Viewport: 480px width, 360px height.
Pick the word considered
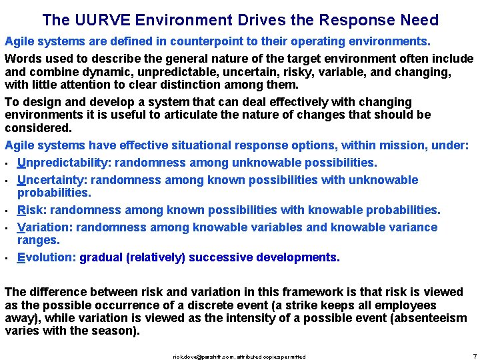[x=37, y=127]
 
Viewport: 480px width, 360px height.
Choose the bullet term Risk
[x=31, y=210]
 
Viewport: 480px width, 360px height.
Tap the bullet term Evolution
[x=45, y=257]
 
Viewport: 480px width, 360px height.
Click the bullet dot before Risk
[x=7, y=211]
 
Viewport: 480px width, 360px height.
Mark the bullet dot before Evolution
[x=7, y=259]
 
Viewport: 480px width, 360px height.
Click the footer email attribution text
[x=239, y=357]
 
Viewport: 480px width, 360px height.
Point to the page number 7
[x=473, y=356]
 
